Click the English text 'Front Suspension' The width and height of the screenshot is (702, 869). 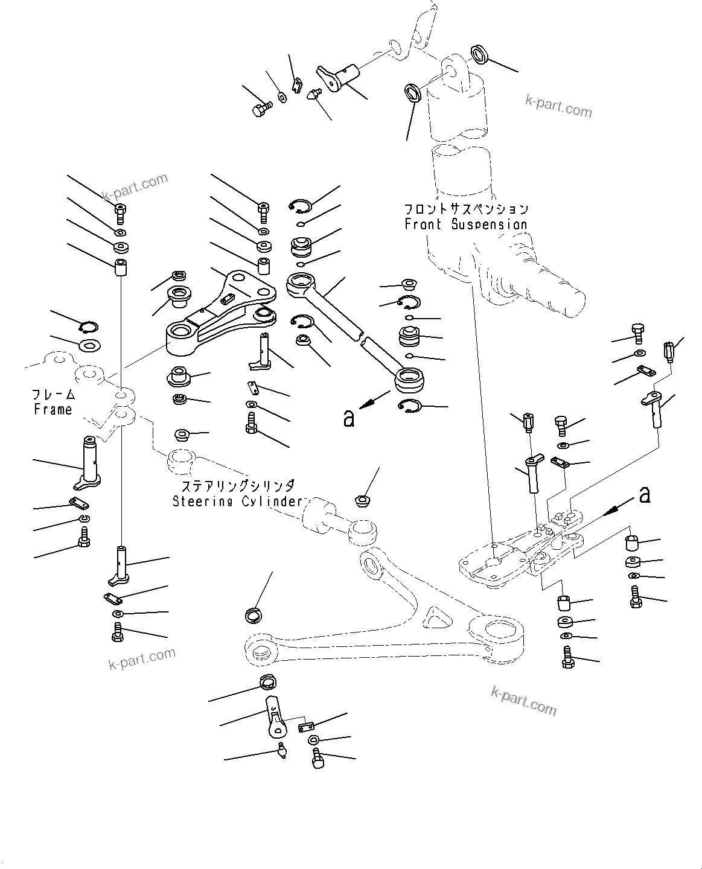(465, 224)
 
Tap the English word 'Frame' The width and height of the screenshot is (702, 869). (53, 410)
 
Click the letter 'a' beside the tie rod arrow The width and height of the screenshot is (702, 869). (348, 418)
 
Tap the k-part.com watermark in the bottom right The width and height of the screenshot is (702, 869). (523, 700)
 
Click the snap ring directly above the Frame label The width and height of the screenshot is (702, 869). (89, 327)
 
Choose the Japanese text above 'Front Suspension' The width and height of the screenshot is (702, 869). (465, 209)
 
